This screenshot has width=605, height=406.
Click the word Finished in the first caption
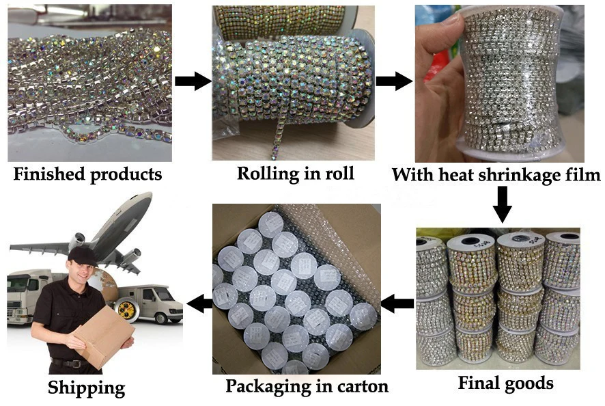click(x=49, y=174)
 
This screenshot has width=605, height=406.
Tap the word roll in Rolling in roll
click(x=339, y=173)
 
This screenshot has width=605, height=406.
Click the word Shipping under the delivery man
click(x=87, y=388)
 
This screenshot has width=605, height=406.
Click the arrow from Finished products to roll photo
click(x=193, y=81)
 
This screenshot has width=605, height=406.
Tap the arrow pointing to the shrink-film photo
click(x=394, y=81)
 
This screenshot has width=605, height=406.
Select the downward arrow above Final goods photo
click(x=502, y=205)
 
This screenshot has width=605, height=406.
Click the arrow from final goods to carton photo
click(x=397, y=303)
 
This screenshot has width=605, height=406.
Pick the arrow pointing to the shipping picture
click(x=199, y=303)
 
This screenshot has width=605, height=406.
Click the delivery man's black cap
click(x=82, y=256)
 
